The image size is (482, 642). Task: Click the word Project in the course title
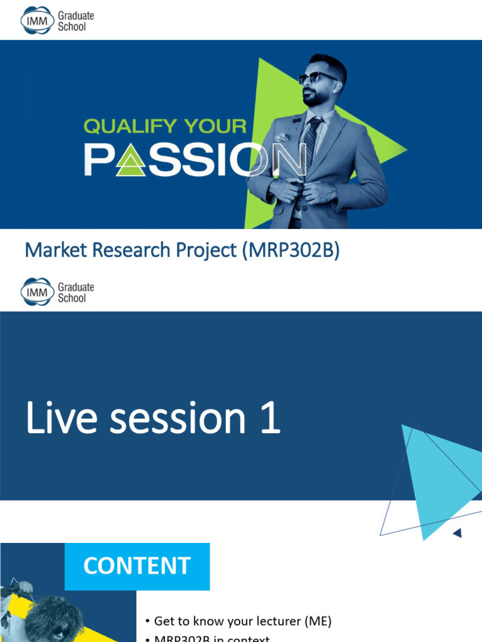coord(205,250)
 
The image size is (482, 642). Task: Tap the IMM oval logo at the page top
coord(36,21)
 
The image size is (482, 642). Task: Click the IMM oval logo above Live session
coord(36,292)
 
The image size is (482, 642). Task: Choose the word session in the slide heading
coord(178,419)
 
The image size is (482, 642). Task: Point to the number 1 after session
coord(269,419)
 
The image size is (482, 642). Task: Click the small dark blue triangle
coord(458,533)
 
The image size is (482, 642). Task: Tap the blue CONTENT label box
coord(137,566)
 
